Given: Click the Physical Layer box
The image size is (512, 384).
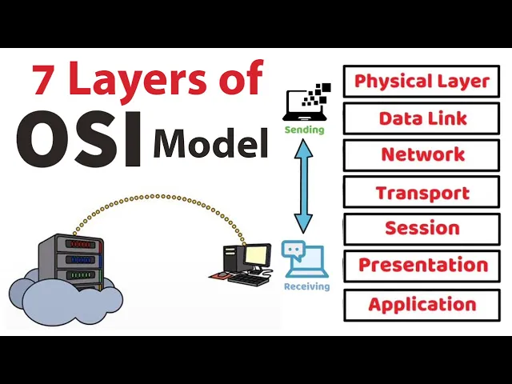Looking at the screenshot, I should [422, 82].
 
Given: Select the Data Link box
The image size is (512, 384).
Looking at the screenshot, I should [422, 118].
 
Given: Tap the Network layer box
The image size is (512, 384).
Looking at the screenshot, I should [422, 155].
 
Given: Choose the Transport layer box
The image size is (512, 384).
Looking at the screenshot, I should [422, 192].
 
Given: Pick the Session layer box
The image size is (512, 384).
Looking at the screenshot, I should [422, 229].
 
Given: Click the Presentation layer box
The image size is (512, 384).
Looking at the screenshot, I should [422, 266].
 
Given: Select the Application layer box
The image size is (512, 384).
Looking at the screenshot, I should [422, 305].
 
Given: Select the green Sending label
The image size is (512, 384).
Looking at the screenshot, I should [305, 130].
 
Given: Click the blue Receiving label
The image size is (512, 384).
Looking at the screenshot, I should [306, 286].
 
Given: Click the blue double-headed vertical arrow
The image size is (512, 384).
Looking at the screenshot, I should [303, 186].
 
